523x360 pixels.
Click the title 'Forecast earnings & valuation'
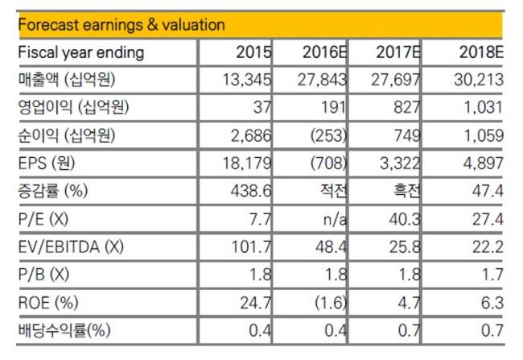121,25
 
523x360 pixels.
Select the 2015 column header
253,52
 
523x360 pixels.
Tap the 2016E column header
324,52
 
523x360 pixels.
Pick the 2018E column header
481,52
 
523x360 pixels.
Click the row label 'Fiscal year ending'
81,53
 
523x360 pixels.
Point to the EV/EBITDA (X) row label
71,247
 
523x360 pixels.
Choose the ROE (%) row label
48,303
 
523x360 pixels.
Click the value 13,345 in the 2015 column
247,80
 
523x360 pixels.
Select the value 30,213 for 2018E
478,80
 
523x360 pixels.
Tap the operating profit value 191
333,108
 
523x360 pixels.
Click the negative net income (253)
328,135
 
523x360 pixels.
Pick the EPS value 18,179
247,163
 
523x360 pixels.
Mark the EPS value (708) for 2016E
328,163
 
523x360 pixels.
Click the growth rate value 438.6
251,191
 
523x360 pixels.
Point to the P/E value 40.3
405,219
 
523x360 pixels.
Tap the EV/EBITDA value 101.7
252,247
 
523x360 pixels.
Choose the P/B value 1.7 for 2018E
492,275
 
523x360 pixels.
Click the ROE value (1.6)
331,303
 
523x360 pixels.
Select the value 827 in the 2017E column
406,108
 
